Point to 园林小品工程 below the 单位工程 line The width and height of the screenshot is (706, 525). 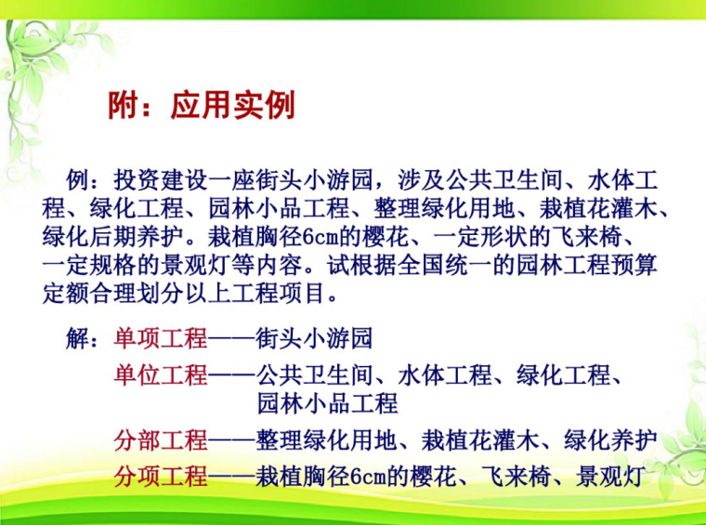pyautogui.click(x=327, y=403)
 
